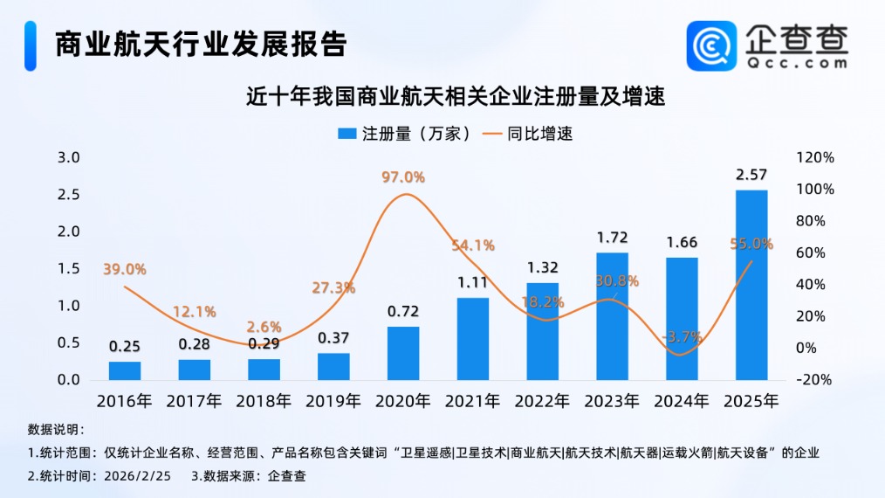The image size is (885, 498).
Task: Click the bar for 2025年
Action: tap(751, 285)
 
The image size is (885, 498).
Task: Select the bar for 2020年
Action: tap(403, 353)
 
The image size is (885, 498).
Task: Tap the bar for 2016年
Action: tap(125, 370)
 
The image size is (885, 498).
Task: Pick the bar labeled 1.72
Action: tap(612, 316)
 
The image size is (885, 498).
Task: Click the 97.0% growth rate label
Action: tap(403, 177)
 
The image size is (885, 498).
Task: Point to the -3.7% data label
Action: tap(682, 336)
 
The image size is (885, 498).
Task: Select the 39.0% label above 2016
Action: tap(125, 269)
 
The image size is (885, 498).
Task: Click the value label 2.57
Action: tap(751, 175)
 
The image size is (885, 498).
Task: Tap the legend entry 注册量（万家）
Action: tap(406, 134)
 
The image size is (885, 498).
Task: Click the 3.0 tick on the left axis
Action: tap(68, 157)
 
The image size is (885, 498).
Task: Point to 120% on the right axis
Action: tap(815, 157)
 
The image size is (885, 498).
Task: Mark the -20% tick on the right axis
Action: tap(815, 380)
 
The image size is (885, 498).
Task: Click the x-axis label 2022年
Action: tap(542, 402)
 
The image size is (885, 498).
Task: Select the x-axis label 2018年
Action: tap(264, 402)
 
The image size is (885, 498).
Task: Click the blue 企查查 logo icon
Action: tap(711, 45)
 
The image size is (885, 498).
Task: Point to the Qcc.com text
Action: tap(796, 64)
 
